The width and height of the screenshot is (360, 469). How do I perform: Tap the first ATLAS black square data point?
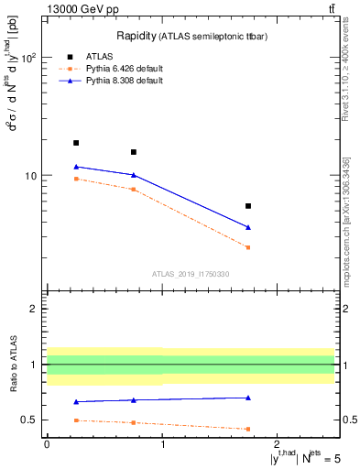pos(76,143)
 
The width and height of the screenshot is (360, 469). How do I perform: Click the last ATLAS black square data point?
pos(248,206)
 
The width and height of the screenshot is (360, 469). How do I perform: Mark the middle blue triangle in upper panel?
pos(134,175)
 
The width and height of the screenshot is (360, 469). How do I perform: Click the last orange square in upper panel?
pos(248,247)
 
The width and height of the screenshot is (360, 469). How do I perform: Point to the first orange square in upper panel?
pos(76,179)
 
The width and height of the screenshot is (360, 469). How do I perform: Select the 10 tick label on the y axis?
pos(32,175)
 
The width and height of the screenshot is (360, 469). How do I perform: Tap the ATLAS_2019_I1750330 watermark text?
pos(191,274)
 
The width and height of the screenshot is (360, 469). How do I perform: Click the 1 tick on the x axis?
pos(162,444)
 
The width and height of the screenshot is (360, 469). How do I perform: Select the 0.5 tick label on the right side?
pos(346,420)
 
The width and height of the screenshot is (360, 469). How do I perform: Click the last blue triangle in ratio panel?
pos(248,398)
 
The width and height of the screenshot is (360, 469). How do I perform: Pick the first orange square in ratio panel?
pos(76,420)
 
